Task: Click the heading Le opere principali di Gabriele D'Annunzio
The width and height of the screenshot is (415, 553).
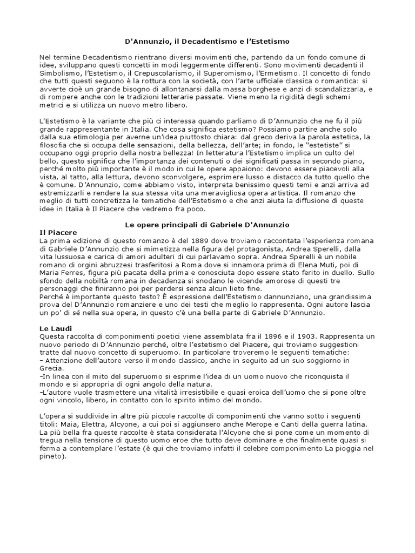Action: tap(207, 224)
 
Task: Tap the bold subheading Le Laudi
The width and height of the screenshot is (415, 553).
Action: tap(57, 328)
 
